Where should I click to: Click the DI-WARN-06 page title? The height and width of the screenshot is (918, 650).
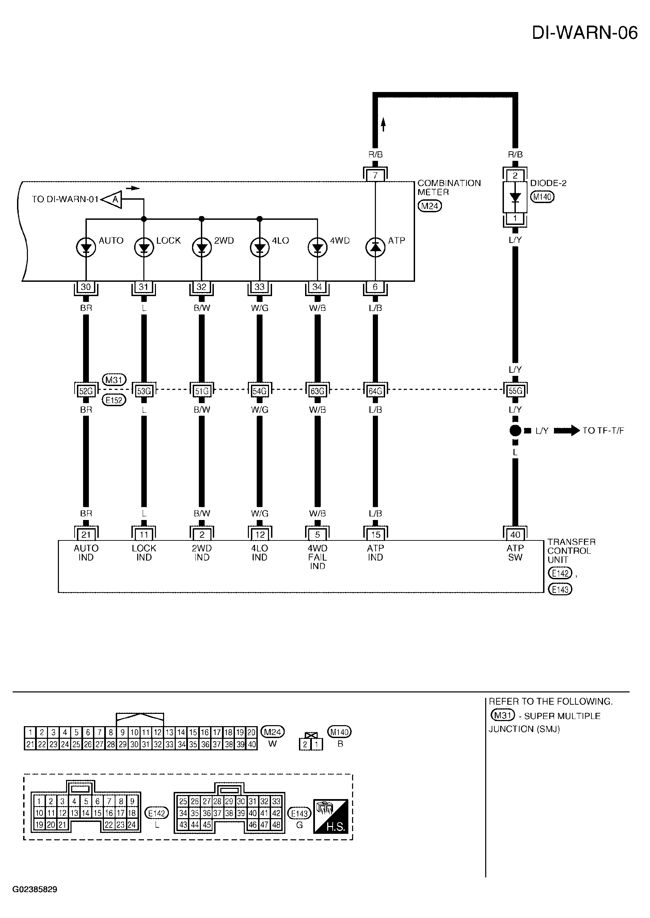tap(584, 33)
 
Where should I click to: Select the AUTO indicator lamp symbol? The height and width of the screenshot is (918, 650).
tap(86, 248)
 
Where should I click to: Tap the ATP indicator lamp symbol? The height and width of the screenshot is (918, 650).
tap(376, 248)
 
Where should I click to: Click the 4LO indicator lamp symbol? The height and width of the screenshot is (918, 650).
tap(260, 248)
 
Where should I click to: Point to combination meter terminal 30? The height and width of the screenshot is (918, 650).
tap(86, 287)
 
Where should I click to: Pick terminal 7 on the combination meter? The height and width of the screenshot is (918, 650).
tap(376, 175)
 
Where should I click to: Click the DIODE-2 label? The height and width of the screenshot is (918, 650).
tap(548, 183)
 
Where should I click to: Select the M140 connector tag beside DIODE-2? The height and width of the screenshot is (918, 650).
tap(542, 197)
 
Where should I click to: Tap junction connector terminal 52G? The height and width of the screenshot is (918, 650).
tap(86, 391)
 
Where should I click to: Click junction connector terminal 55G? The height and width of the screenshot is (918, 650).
tap(515, 391)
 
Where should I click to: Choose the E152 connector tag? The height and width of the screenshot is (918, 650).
tap(114, 400)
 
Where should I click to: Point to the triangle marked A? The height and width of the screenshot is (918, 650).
tap(112, 199)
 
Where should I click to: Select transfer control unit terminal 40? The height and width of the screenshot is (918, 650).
tap(515, 535)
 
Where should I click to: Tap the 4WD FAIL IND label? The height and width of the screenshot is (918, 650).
tap(318, 557)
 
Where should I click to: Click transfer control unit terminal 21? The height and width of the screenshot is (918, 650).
tap(86, 535)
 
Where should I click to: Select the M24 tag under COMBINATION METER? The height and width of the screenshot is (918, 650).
tap(429, 206)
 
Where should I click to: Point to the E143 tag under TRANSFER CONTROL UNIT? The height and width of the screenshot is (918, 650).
tap(560, 590)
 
